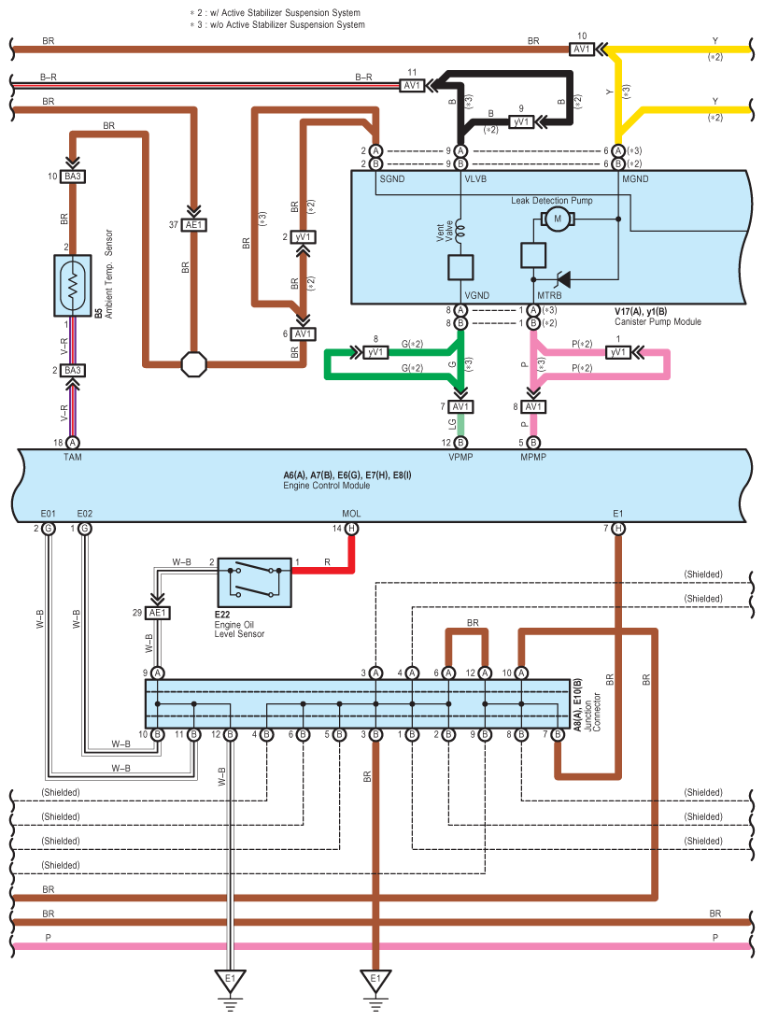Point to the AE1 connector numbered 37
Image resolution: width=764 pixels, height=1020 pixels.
(194, 224)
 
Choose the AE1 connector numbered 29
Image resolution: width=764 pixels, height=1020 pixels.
(158, 613)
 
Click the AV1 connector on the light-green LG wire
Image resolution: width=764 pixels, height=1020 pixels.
(460, 407)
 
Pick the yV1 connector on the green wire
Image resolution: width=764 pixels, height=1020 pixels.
(375, 352)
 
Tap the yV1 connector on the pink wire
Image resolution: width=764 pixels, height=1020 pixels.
(617, 352)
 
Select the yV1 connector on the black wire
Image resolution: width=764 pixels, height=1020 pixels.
(521, 121)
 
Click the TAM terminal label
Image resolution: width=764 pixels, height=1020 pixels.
(73, 459)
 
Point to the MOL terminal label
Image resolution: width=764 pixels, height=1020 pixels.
(351, 513)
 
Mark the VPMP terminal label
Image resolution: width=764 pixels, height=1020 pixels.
(460, 459)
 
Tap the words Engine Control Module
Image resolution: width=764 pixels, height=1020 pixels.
(327, 486)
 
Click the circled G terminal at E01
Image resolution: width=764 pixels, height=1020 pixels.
(49, 529)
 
